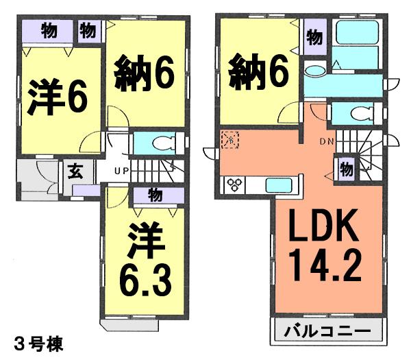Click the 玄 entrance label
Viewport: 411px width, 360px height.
[73, 171]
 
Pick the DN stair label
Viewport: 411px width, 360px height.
[326, 143]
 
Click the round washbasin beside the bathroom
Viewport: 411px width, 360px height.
[315, 69]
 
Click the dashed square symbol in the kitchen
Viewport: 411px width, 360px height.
[229, 139]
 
